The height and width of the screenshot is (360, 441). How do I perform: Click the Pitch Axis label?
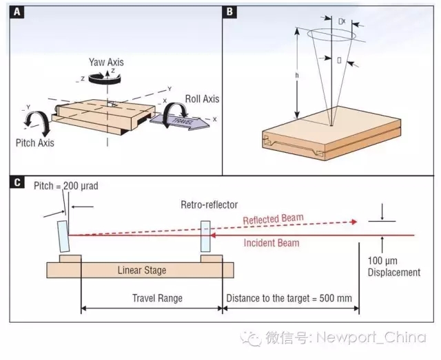[34, 143]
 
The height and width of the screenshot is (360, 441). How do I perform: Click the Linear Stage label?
[141, 271]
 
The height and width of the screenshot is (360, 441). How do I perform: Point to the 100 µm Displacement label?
[394, 267]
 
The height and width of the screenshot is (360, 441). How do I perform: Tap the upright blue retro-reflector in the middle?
[205, 237]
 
